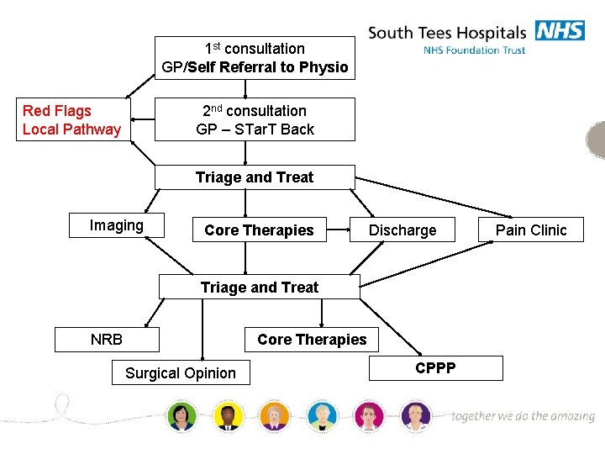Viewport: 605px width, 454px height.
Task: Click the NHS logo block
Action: point(560,30)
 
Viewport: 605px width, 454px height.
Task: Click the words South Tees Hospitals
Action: point(446,34)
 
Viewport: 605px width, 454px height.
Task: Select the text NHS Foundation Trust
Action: point(475,50)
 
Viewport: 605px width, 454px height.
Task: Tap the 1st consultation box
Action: point(255,58)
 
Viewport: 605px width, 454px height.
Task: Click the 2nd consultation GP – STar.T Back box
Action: point(255,119)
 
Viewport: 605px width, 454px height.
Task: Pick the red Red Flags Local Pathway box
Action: point(73,119)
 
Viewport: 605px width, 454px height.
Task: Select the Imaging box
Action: point(117,225)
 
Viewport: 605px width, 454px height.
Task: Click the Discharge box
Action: point(402,230)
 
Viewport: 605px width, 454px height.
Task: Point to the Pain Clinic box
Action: point(531,230)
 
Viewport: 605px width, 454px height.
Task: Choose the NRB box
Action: point(107,340)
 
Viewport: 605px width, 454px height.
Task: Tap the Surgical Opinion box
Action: point(181,372)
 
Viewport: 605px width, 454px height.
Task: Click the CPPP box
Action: point(435,368)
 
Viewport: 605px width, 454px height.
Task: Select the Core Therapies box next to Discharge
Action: point(259,230)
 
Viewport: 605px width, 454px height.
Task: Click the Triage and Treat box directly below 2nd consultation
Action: point(255,177)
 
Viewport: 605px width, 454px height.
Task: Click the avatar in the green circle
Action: point(181,414)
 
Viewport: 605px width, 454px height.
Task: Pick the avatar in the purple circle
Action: point(415,414)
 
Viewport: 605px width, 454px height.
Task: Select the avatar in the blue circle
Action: point(321,414)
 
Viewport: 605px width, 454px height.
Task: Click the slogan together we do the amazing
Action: point(523,416)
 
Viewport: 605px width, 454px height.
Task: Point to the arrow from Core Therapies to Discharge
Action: point(338,230)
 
